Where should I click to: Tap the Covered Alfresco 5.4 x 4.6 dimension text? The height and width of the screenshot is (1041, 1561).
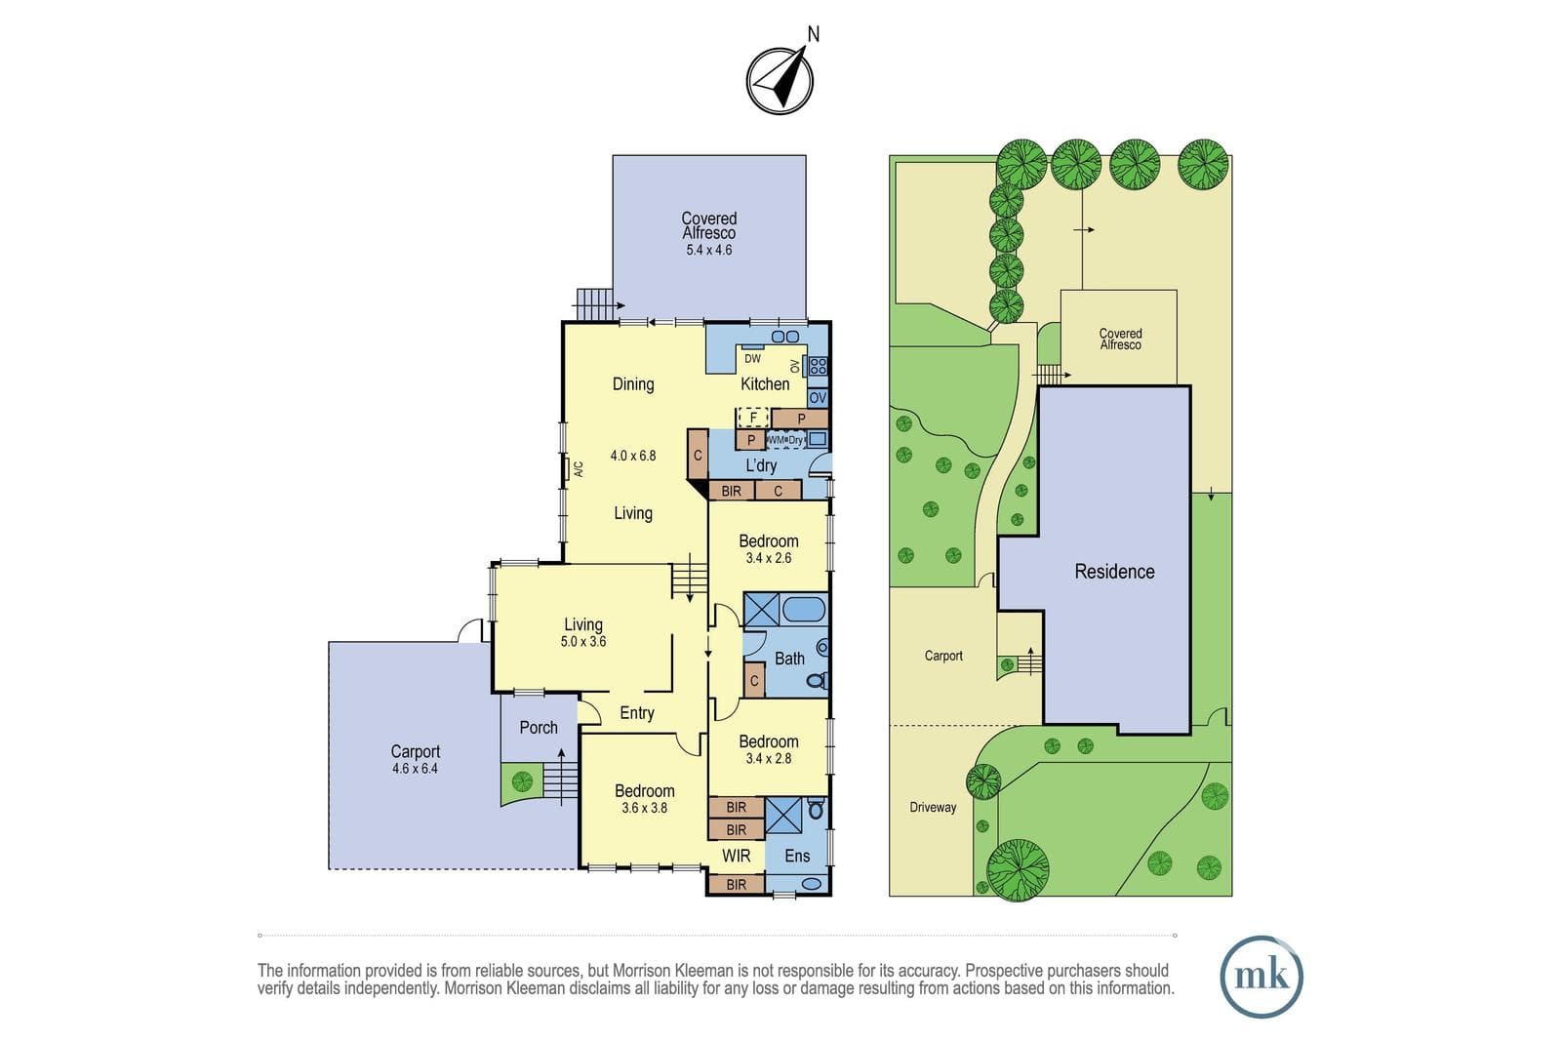coord(708,250)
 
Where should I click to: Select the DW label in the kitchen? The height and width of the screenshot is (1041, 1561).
coord(752,359)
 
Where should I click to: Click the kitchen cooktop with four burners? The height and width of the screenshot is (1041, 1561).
coord(819,366)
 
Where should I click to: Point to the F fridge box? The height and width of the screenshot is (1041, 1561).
coord(753,419)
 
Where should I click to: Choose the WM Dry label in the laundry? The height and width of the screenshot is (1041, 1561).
coord(786,440)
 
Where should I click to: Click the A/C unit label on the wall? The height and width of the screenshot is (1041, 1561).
coord(579,469)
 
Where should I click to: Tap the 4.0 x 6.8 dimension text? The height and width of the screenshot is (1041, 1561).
coord(633,456)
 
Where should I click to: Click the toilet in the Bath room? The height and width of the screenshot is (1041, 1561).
coord(819,680)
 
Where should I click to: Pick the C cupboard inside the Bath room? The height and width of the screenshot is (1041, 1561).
coord(754,679)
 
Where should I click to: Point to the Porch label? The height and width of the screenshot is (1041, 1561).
coord(539,728)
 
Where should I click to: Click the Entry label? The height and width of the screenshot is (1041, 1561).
coord(637,713)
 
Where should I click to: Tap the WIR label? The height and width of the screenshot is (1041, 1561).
coord(736,856)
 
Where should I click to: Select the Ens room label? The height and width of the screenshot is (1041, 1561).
coord(797,856)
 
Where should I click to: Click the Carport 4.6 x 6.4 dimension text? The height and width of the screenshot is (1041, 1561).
coord(415,769)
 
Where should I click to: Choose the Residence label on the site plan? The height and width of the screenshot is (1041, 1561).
coord(1114,572)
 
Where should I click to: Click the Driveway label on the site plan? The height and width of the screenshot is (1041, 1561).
coord(933,807)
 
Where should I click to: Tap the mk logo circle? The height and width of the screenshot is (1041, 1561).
coord(1261,977)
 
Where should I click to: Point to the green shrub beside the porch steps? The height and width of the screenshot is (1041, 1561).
coord(522,781)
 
